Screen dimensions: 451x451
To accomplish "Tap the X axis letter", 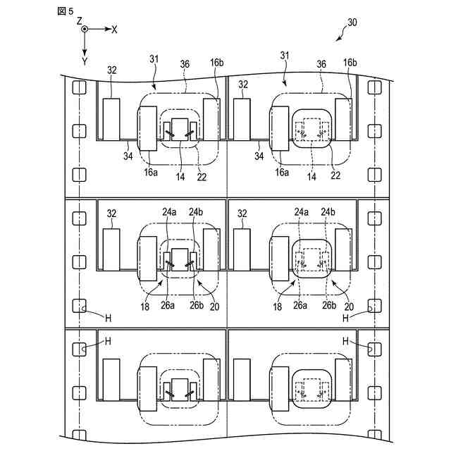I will click(x=115, y=30).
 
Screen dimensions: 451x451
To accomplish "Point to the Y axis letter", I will click(x=85, y=61).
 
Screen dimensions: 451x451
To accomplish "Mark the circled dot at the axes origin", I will click(x=85, y=30).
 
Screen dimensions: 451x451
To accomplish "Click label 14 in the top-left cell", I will click(x=181, y=178).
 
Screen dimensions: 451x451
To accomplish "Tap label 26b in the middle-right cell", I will click(x=328, y=305).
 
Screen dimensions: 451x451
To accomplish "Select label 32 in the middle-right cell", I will click(x=243, y=212).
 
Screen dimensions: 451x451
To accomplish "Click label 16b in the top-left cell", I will click(x=217, y=63).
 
